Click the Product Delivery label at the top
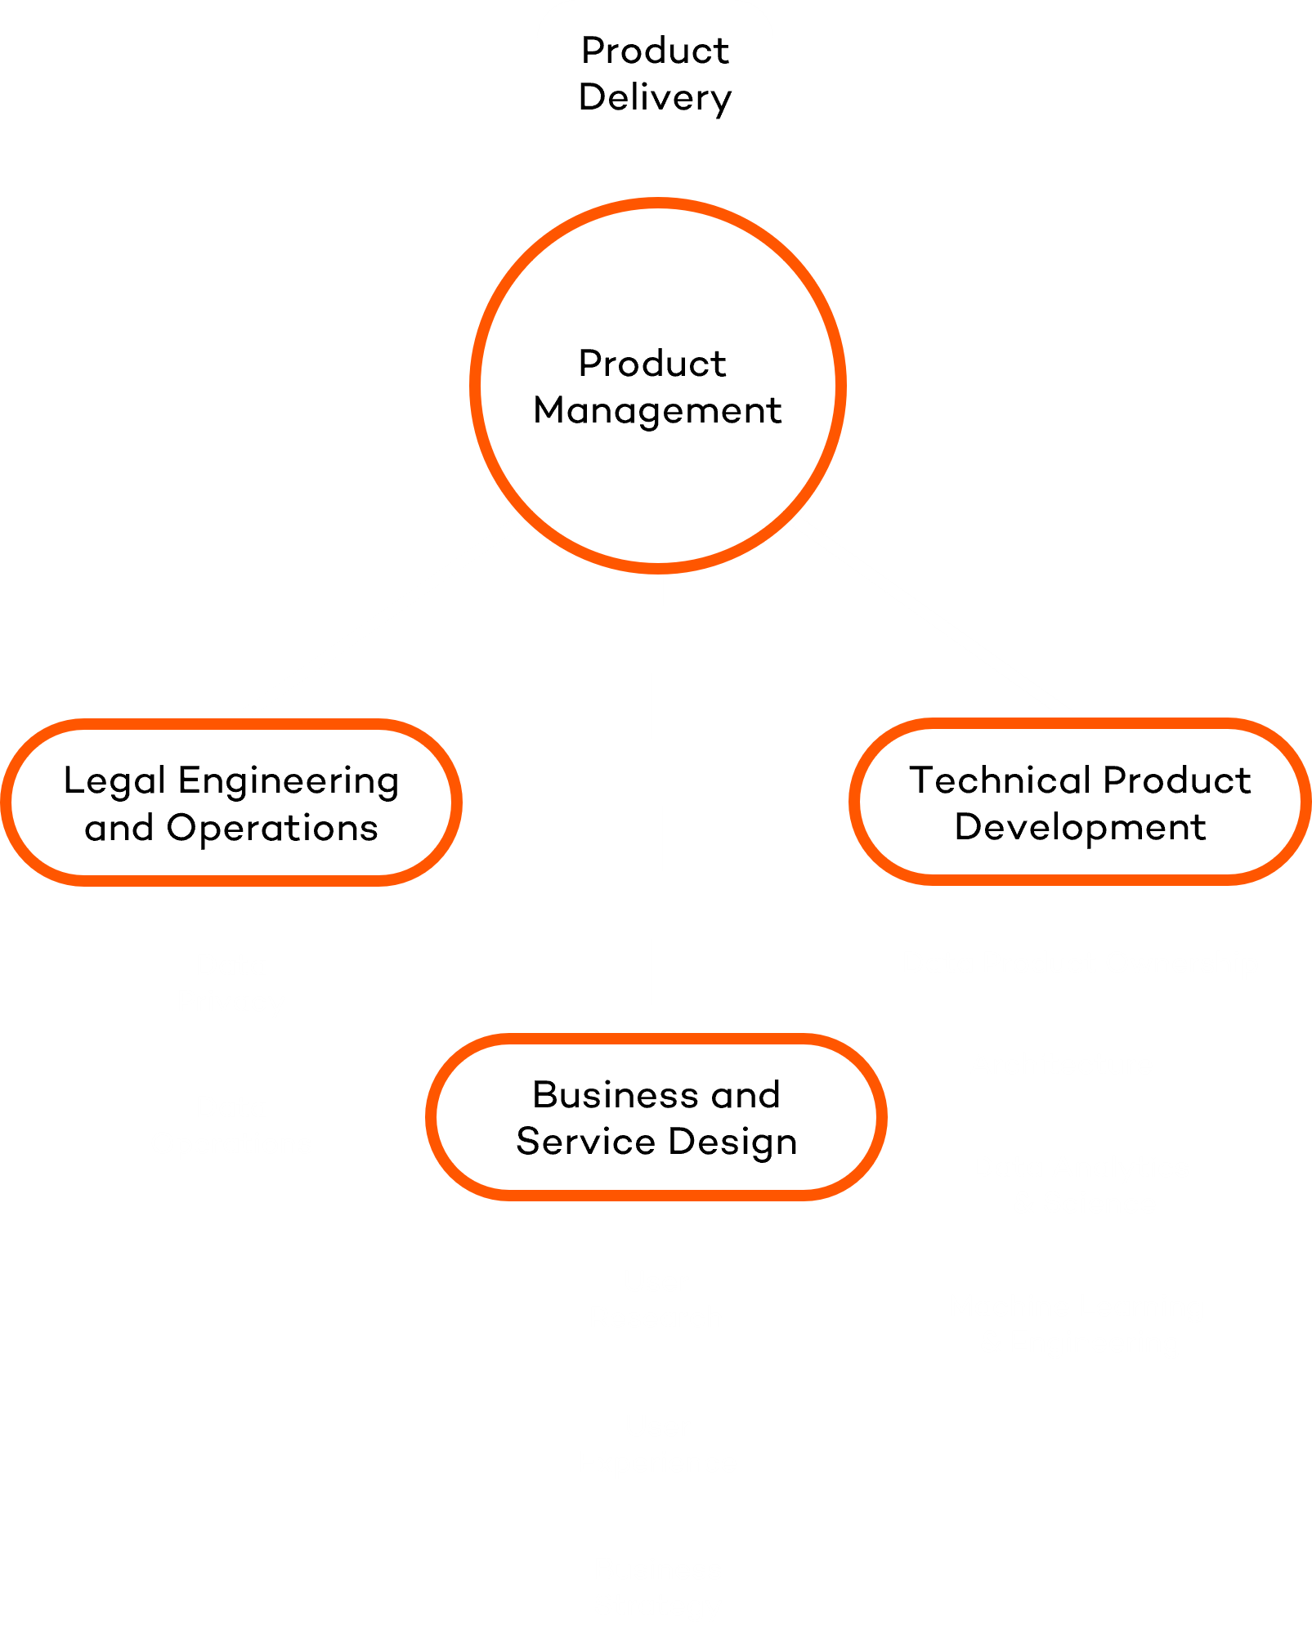click(655, 74)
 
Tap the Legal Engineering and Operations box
click(231, 803)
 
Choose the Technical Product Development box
click(1080, 803)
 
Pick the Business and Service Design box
click(656, 1117)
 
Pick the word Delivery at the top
click(655, 97)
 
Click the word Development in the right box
click(1080, 827)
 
